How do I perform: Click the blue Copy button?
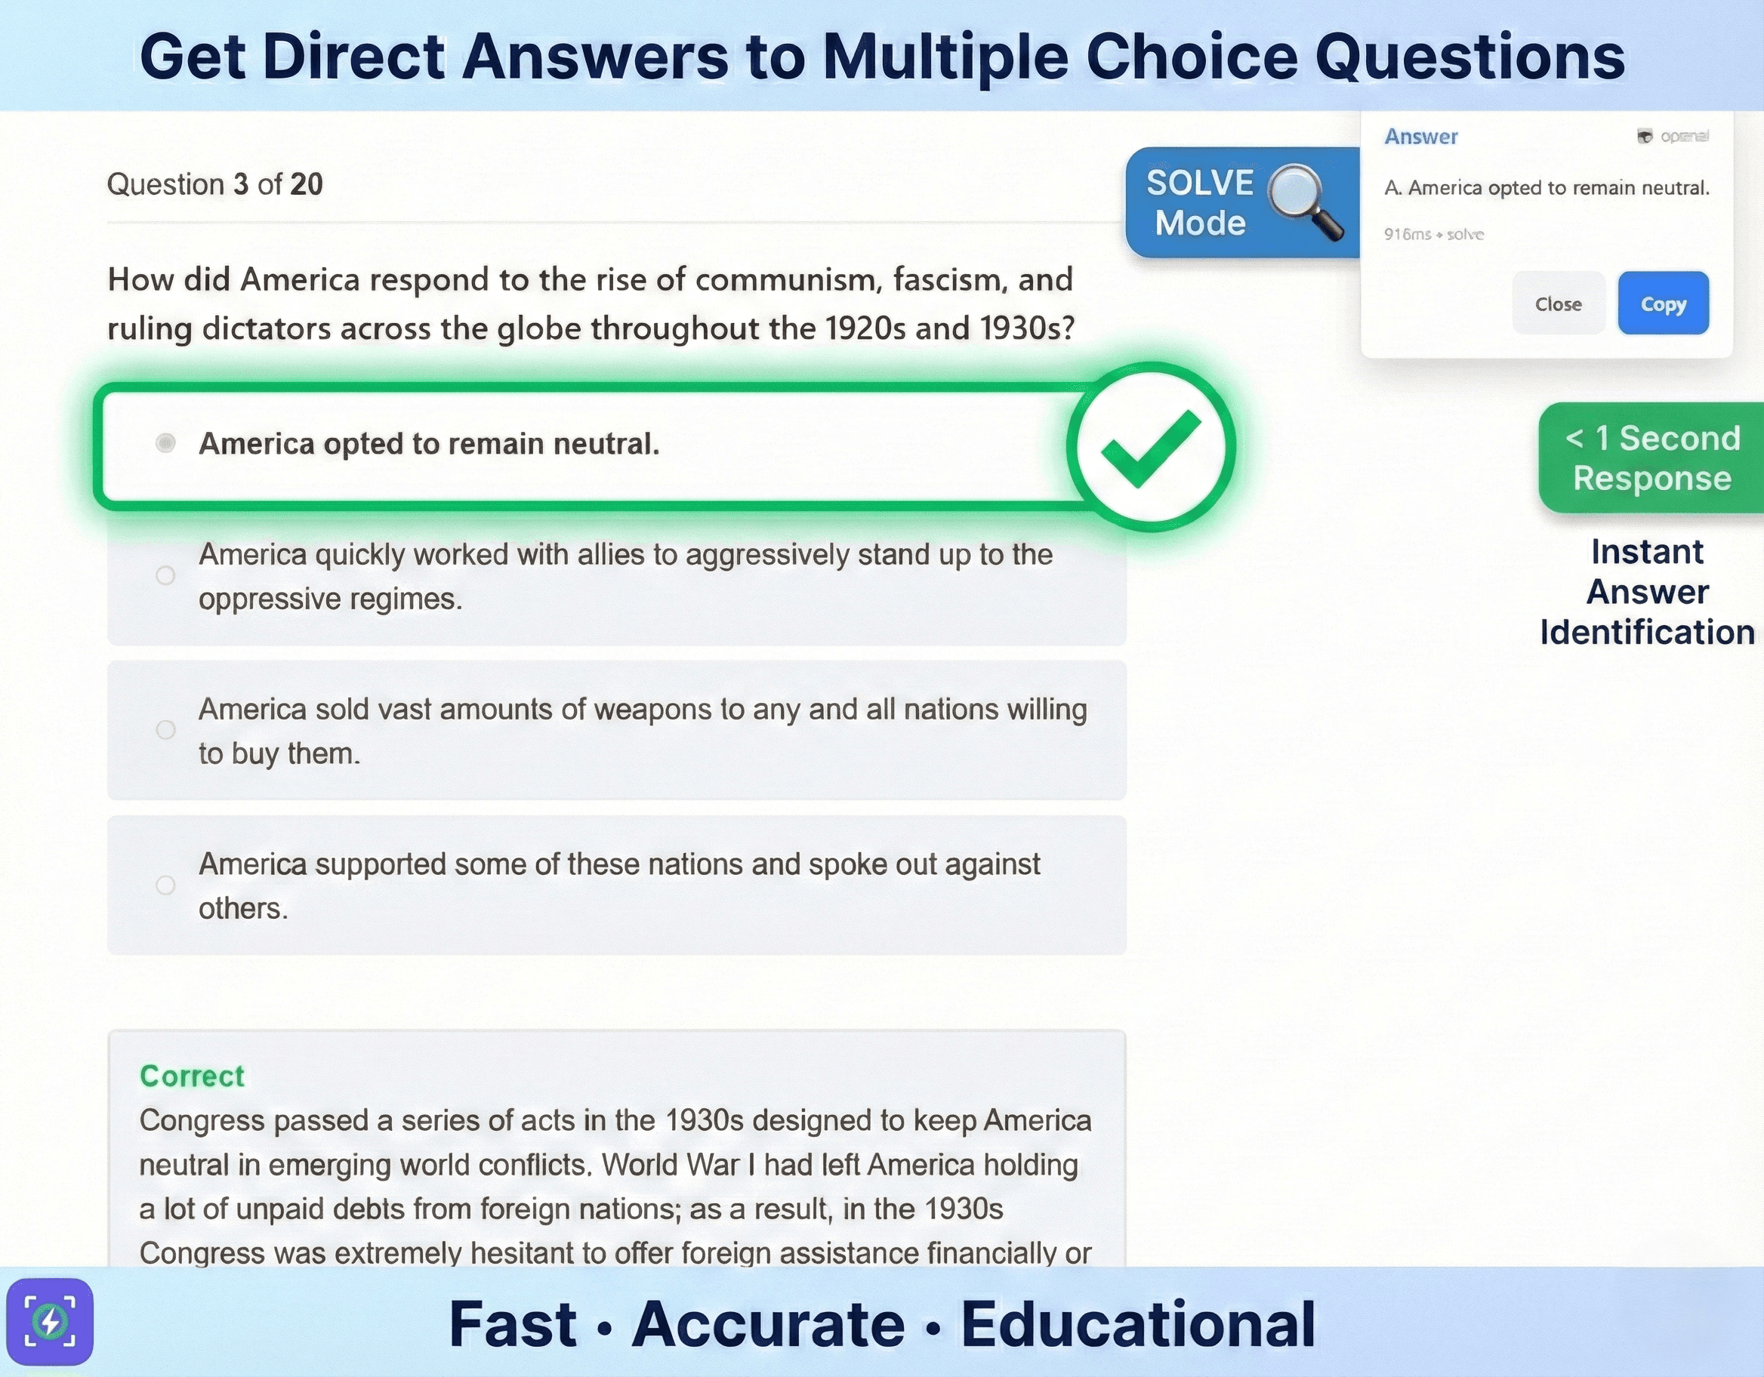coord(1662,303)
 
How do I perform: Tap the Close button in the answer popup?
coord(1557,303)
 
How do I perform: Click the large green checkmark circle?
coord(1150,447)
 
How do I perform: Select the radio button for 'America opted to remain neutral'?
coord(165,443)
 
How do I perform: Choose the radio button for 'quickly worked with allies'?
coord(165,575)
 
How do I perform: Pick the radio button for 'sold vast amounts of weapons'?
coord(165,730)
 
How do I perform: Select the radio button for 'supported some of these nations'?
coord(165,885)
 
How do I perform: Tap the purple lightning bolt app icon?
coord(50,1322)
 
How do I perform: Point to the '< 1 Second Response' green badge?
coord(1651,458)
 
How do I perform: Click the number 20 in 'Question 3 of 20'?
coord(306,184)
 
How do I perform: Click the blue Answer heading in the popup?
coord(1420,137)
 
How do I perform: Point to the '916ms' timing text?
coord(1407,234)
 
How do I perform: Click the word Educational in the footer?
coord(1137,1324)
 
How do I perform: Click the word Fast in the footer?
coord(512,1324)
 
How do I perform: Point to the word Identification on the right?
coord(1647,632)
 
